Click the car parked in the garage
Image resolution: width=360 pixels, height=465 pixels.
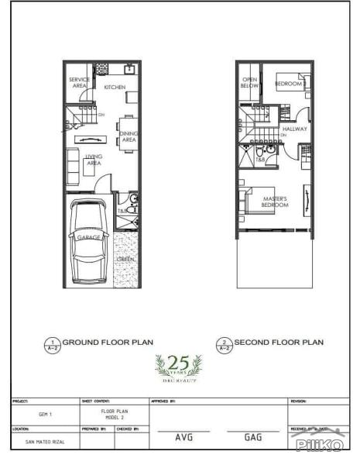coord(87,242)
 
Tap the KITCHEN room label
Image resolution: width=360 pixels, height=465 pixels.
coord(115,88)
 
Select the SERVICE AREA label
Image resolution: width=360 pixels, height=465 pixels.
coord(79,83)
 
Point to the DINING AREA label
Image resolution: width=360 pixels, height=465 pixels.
coord(129,136)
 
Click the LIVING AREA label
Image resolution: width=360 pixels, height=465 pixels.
coord(94,160)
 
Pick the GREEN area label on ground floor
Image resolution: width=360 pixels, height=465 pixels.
coord(125,259)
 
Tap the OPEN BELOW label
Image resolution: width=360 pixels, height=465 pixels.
coord(249,83)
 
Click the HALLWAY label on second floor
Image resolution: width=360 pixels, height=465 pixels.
coord(294,129)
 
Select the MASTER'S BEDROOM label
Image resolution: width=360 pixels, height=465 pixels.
coord(275,201)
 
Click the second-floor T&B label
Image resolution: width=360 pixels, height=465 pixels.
coord(261,160)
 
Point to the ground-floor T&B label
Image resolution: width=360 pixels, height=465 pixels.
coord(122,210)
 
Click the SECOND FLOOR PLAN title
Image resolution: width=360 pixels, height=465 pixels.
coord(279,342)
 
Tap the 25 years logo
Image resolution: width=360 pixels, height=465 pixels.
coord(180,365)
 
